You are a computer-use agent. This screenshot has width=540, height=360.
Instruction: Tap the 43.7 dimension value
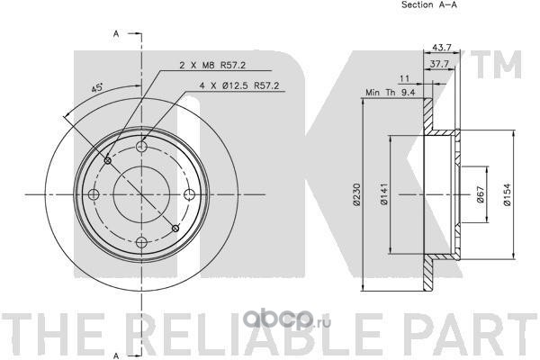click(442, 47)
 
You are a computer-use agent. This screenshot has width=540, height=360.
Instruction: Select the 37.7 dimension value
click(439, 65)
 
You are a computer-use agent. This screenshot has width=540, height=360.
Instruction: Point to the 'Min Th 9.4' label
click(390, 92)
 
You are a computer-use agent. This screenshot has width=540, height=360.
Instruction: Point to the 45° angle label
click(96, 88)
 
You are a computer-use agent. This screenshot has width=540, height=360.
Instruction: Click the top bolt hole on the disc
click(143, 147)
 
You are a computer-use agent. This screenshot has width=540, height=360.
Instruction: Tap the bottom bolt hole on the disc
click(143, 241)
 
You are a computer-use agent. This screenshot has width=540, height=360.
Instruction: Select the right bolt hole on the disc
click(190, 194)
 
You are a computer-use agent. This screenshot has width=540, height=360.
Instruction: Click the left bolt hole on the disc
click(95, 194)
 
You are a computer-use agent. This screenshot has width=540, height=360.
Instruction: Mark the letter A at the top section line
click(117, 33)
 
